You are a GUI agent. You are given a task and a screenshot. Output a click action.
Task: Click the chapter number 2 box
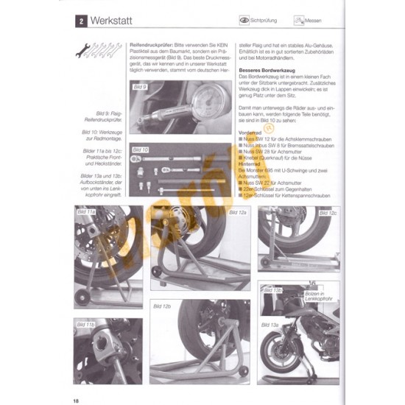[x=80, y=22]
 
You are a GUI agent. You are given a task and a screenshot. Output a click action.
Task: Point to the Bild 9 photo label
[x=140, y=87]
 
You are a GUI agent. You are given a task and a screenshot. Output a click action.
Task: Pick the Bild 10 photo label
[x=140, y=149]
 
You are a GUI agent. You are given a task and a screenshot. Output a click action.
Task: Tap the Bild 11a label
[x=86, y=211]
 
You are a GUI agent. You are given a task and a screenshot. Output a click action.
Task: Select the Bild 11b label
[x=85, y=323]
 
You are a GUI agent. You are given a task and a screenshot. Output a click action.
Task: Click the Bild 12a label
[x=237, y=212]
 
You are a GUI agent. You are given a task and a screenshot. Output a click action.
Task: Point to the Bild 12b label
[x=162, y=306]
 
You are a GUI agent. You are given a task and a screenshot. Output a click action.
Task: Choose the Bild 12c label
[x=328, y=212]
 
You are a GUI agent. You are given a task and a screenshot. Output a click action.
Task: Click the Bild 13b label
[x=272, y=290]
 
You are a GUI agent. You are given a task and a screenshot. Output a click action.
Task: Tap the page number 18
[x=77, y=400]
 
